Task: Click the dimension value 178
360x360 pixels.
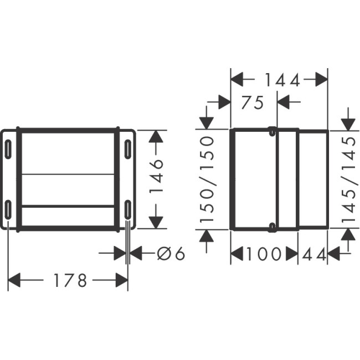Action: point(70,281)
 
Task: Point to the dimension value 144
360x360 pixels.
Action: point(281,80)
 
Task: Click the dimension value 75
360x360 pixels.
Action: point(253,102)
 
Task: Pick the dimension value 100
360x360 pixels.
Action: point(264,254)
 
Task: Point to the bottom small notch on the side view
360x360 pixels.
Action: point(271,227)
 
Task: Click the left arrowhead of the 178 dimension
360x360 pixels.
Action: point(14,281)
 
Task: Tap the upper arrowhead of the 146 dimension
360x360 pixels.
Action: point(157,138)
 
